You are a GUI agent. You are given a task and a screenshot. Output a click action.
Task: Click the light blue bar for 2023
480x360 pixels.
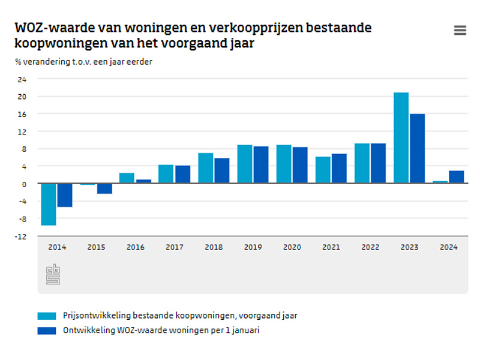[x=401, y=138]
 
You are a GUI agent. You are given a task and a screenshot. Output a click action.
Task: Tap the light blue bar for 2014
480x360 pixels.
[x=49, y=204]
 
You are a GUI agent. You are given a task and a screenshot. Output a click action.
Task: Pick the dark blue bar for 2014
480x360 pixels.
[x=65, y=195]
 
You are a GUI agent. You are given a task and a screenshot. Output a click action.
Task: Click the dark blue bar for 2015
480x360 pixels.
[x=104, y=188]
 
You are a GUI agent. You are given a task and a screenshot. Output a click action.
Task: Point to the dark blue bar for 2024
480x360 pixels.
[x=456, y=177]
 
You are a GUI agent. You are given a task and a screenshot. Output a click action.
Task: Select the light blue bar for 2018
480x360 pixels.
[x=205, y=168]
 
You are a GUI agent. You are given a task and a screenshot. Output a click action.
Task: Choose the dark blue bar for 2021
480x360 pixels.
[x=338, y=169]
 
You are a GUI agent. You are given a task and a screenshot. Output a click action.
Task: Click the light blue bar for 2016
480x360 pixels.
[x=127, y=178]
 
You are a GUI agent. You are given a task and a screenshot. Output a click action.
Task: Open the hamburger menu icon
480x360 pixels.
[x=460, y=31]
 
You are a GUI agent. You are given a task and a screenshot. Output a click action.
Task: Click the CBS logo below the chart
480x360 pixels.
[x=53, y=274]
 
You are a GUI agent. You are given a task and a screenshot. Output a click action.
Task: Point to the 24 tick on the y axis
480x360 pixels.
[x=22, y=79]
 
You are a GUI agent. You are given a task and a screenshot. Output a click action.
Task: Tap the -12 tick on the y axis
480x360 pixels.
[x=21, y=236]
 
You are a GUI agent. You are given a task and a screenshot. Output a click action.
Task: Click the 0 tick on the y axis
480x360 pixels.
[x=24, y=184]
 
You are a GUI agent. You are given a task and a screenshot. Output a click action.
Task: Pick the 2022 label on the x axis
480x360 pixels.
[x=370, y=247]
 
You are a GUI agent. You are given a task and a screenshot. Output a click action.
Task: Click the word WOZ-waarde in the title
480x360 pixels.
[x=48, y=28]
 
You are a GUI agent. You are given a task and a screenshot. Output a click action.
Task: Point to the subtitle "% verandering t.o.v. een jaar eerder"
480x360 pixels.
[x=83, y=62]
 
